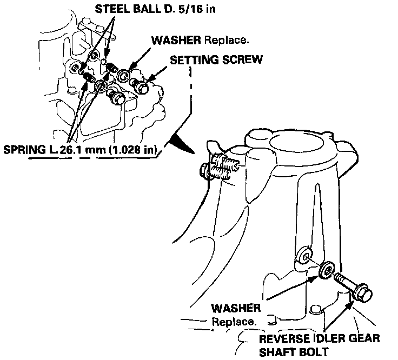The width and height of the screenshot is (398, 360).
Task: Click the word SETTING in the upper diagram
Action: [191, 59]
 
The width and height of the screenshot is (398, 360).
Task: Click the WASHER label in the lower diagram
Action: [236, 309]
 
